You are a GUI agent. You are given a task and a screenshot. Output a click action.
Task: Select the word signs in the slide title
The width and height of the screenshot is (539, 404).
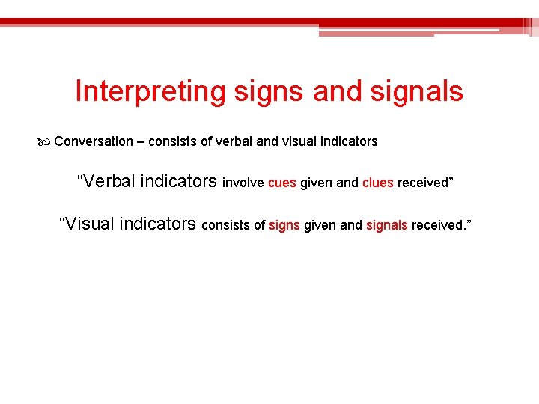269,92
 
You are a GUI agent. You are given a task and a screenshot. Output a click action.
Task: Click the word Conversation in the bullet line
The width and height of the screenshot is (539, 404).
94,141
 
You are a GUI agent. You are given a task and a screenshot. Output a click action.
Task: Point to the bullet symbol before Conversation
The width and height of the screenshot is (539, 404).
46,141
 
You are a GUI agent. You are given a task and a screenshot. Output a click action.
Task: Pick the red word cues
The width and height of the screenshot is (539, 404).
282,183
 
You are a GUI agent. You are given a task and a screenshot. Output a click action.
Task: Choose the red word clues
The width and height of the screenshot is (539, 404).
378,183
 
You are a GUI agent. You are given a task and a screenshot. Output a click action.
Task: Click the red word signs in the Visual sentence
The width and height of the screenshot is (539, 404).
284,225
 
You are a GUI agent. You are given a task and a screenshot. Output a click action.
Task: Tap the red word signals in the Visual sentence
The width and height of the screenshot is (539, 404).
387,225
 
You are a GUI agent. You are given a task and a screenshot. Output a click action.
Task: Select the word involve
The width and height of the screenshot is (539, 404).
243,183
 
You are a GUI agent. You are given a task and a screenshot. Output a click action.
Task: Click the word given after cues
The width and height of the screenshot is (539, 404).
317,183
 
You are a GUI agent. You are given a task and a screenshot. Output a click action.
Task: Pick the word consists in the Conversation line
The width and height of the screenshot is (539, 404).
174,141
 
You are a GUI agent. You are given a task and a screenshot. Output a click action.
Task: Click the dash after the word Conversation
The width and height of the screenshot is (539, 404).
141,141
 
